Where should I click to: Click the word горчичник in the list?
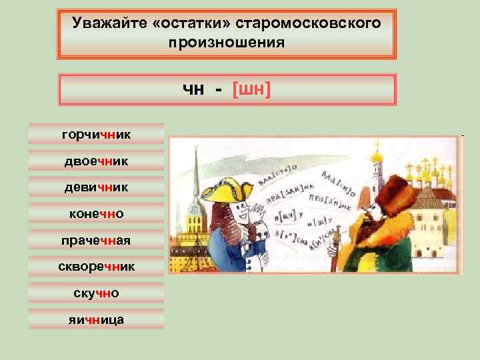96,135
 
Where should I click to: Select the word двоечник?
96,161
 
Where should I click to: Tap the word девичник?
96,188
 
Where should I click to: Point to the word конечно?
96,214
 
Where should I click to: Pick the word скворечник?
96,267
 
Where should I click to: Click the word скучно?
96,293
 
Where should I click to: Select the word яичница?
96,320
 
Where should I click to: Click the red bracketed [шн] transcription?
251,89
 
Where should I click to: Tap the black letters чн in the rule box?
193,89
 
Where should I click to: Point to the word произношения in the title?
227,43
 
